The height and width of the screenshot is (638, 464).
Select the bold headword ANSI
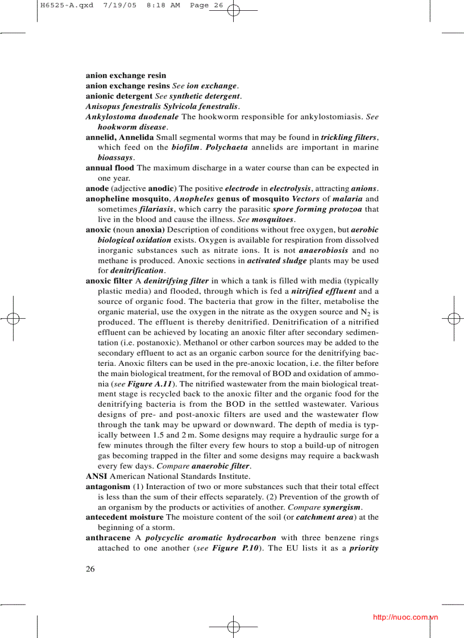96,476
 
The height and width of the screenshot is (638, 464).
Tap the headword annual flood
110,168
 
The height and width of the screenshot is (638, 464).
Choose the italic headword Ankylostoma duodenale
132,117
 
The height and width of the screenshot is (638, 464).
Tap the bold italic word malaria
347,199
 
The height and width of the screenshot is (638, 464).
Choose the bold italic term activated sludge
276,261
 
